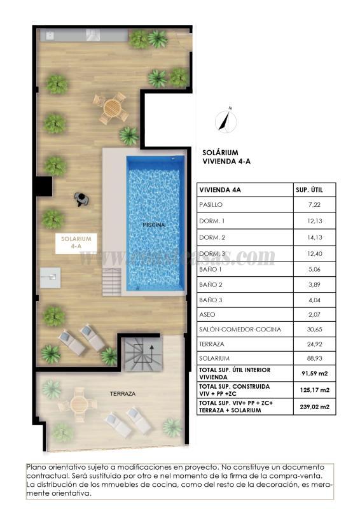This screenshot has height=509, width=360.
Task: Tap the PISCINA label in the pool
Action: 154,225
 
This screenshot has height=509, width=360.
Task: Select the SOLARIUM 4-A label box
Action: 76,243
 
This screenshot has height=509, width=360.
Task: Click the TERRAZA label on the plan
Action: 123,394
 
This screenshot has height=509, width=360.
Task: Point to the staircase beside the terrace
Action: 142,354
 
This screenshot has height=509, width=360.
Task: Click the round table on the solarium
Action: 113,108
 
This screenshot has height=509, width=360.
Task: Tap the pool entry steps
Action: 112,280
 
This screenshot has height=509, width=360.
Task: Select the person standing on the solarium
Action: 81,199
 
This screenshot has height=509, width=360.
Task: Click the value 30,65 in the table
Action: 313,330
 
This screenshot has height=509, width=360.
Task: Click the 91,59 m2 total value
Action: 313,373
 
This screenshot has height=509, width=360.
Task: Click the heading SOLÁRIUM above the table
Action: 220,153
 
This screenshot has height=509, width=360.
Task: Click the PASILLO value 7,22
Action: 313,206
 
